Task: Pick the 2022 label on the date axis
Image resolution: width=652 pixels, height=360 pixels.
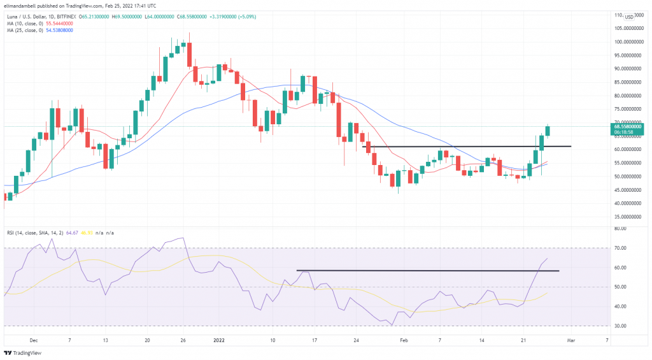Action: point(218,341)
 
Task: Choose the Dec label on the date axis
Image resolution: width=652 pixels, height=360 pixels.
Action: point(33,341)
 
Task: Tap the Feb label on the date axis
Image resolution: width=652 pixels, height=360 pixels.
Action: point(404,341)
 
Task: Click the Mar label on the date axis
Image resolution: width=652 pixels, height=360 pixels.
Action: point(571,341)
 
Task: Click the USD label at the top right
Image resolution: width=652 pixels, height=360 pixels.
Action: point(629,16)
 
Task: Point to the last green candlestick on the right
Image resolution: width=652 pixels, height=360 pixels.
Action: point(548,131)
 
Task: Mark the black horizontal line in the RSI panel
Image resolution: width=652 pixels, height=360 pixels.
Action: point(427,271)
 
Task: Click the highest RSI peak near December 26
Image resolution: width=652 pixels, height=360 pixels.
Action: point(182,238)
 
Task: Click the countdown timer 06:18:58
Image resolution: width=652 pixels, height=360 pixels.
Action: point(627,133)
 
